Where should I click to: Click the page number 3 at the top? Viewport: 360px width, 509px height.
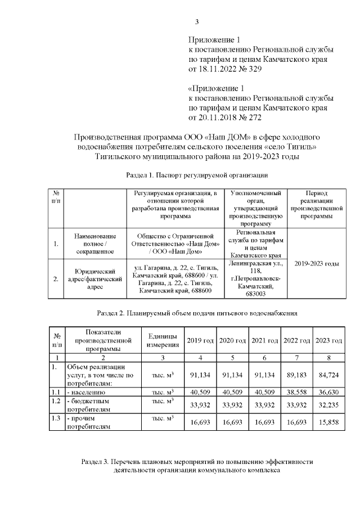(x=196, y=22)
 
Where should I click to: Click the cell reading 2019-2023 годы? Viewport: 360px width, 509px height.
(x=316, y=263)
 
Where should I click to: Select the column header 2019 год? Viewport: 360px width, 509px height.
(x=200, y=341)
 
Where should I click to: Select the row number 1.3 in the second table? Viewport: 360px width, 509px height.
(x=55, y=417)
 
